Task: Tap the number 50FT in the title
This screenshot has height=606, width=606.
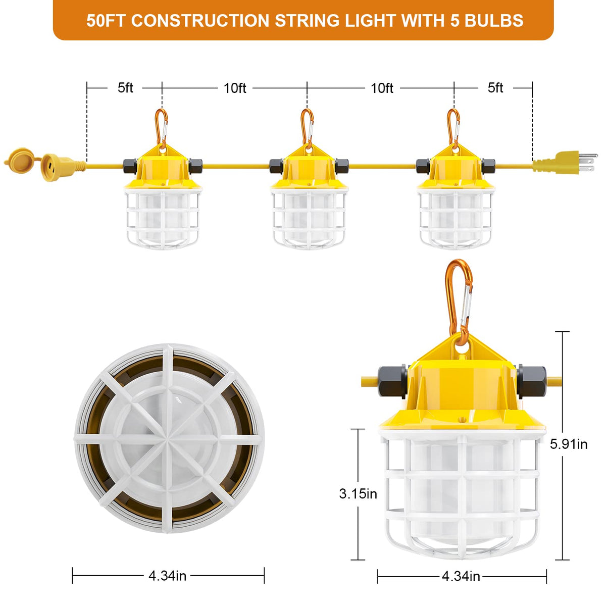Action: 106,20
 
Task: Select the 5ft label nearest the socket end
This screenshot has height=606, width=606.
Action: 125,88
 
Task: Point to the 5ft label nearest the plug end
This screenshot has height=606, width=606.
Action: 495,88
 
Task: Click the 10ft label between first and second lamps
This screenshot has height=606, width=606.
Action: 235,88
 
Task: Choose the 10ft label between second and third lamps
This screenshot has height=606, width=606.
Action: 382,88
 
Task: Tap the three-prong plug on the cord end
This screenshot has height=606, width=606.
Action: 565,162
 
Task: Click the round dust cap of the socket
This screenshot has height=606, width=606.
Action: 22,161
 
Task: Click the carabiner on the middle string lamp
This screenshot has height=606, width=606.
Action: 307,128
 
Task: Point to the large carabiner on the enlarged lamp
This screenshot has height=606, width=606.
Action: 459,302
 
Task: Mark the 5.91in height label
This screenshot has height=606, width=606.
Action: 569,444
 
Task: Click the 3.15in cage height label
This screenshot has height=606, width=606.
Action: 358,493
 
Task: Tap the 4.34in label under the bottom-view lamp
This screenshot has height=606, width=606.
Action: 167,576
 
